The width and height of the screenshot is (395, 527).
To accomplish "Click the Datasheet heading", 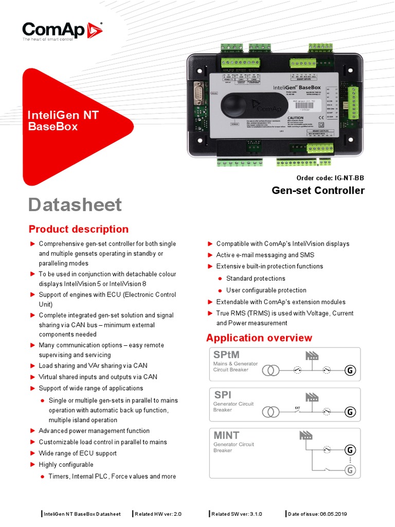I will click(x=75, y=205).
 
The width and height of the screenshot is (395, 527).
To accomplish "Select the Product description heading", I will click(x=78, y=229).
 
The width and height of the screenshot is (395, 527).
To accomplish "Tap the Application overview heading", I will click(x=259, y=338).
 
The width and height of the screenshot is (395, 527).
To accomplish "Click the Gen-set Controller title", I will click(x=318, y=190).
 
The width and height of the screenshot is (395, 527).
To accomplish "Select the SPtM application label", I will click(x=226, y=355).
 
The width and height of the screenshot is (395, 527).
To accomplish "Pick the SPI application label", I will click(x=222, y=395).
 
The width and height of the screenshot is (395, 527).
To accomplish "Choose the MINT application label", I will click(x=226, y=435).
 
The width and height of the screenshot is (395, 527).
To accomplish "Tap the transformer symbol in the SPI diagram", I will click(x=271, y=411).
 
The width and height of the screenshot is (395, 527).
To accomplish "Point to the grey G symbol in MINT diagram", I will click(x=350, y=470).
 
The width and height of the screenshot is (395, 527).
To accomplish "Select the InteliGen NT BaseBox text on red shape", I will click(x=63, y=120).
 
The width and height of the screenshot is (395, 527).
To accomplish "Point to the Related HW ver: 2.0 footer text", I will click(x=158, y=514).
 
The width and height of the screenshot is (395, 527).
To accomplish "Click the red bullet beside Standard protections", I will click(x=220, y=278).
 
